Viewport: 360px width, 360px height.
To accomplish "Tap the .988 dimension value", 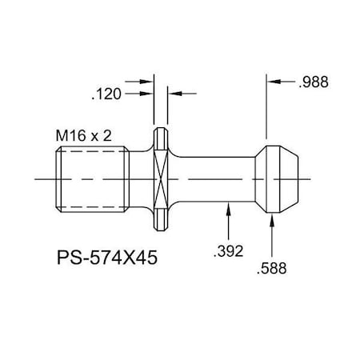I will point(312,82).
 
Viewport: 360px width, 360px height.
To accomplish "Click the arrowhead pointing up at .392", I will point(230,207).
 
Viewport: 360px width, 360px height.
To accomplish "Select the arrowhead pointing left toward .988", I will point(272,82).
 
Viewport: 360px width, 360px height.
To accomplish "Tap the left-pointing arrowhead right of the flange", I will point(172,94).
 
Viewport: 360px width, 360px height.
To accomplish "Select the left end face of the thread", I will point(59,179).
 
